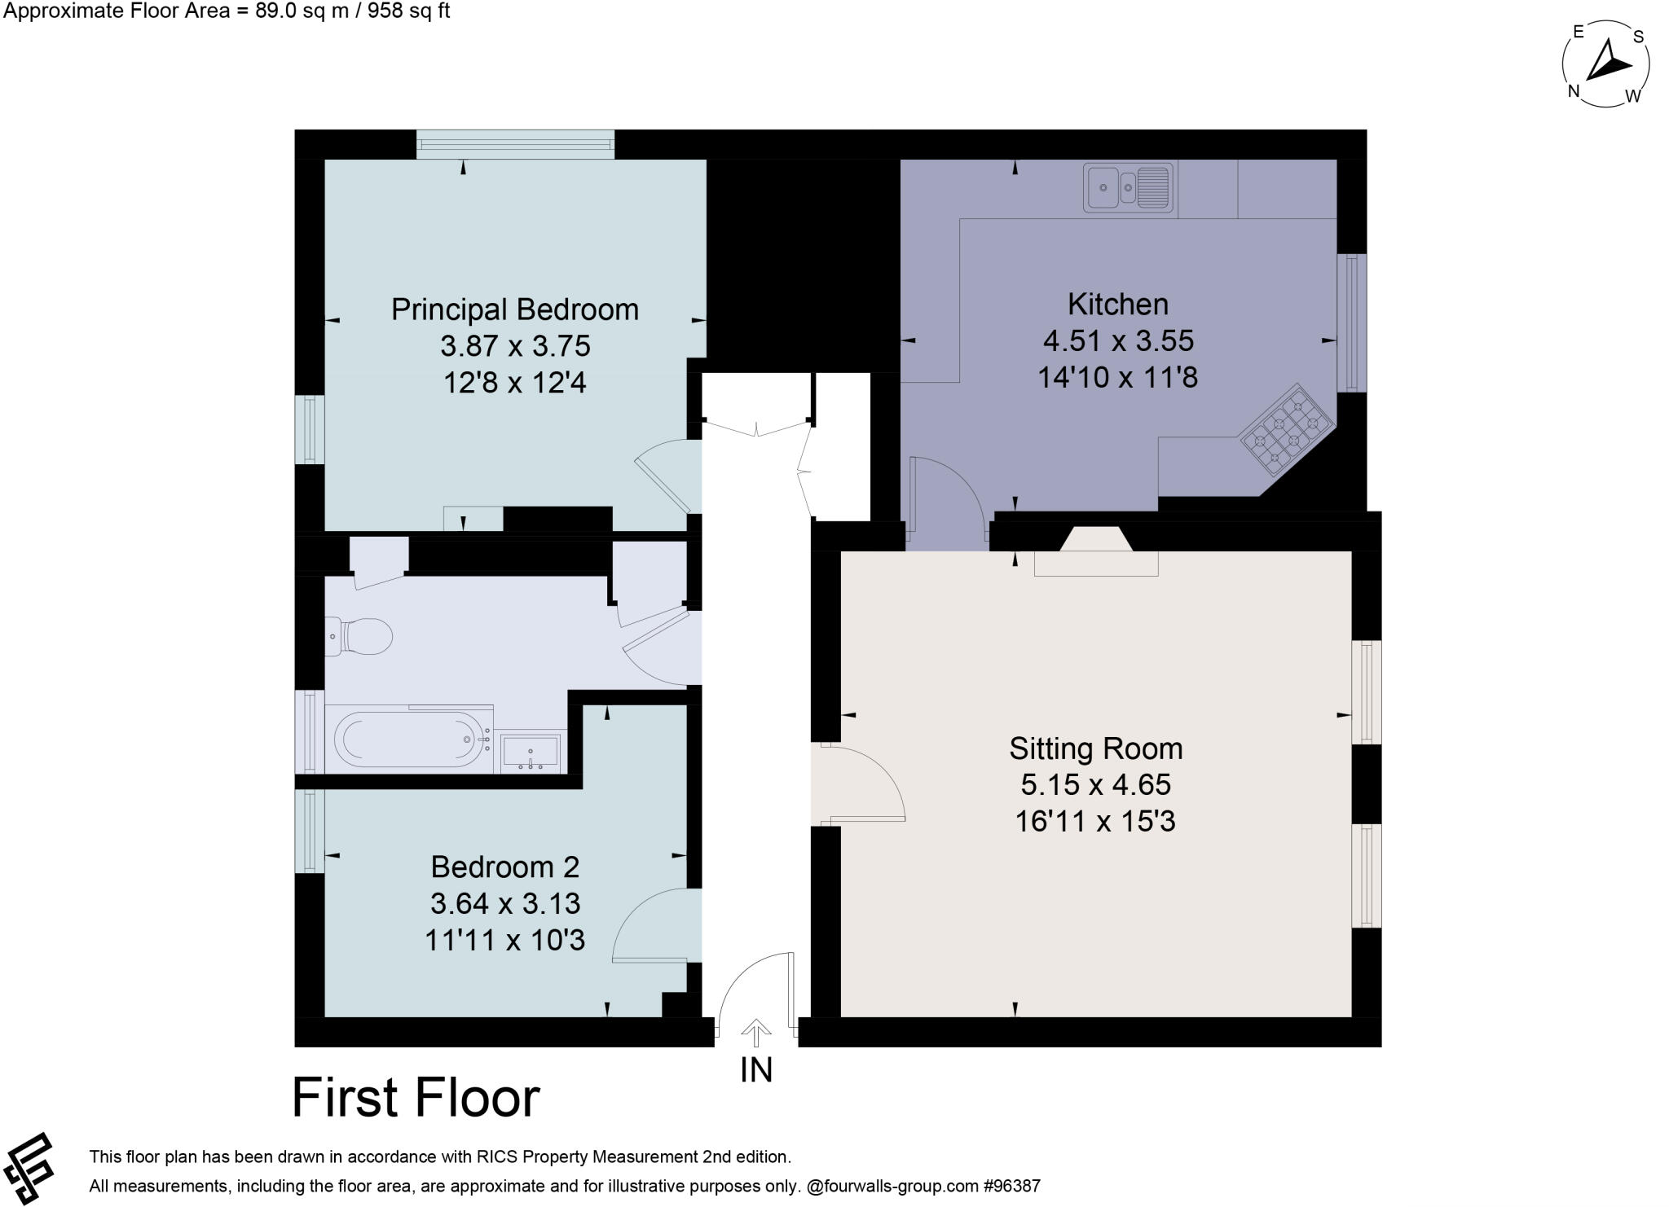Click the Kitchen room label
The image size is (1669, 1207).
coord(1117,305)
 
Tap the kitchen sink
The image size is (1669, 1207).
coord(1128,188)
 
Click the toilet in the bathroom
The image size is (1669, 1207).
coord(359,636)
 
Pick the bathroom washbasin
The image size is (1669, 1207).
coord(531,751)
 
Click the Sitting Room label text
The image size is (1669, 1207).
coord(1095,748)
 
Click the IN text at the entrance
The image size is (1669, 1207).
coord(755,1070)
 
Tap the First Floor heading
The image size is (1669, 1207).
coord(416,1098)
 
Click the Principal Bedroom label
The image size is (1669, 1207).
coord(514,309)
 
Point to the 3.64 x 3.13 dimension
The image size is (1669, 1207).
coord(504,903)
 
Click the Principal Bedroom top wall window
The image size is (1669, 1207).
coord(515,144)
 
